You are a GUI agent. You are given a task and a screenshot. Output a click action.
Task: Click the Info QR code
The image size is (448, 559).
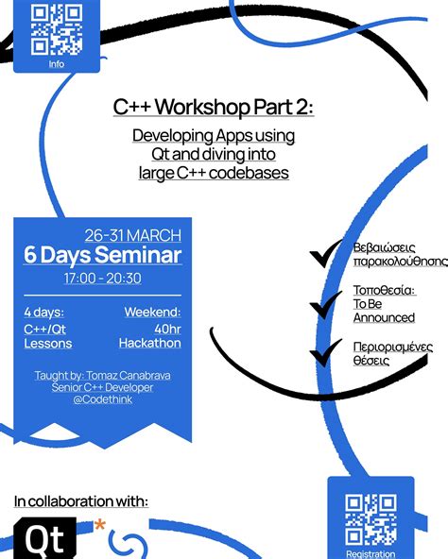pyautogui.click(x=57, y=29)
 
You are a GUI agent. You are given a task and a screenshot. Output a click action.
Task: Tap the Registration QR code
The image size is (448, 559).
pyautogui.click(x=370, y=519)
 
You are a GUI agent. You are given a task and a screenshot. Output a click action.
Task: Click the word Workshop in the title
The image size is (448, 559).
pyautogui.click(x=202, y=107)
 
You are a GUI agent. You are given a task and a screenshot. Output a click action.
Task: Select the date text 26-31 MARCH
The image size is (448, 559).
pyautogui.click(x=133, y=235)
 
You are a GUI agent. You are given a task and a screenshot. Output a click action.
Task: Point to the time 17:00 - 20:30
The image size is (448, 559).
pyautogui.click(x=102, y=278)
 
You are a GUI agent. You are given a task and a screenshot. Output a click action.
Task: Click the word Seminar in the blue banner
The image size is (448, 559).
pyautogui.click(x=138, y=255)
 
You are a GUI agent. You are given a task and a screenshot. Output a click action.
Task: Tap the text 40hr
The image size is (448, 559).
pyautogui.click(x=168, y=329)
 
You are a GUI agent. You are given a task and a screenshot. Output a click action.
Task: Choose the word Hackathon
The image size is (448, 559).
pyautogui.click(x=150, y=343)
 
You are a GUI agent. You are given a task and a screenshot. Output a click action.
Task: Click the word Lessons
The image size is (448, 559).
pyautogui.click(x=48, y=344)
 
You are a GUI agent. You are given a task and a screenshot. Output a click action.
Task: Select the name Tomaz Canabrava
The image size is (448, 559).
pyautogui.click(x=129, y=376)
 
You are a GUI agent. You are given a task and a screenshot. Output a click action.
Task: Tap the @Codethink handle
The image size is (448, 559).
pyautogui.click(x=103, y=399)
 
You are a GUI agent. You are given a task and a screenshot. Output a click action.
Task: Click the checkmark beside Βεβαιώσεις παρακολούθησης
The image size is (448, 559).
pyautogui.click(x=325, y=254)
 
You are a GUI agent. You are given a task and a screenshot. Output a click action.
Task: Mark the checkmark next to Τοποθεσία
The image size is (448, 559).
pyautogui.click(x=325, y=305)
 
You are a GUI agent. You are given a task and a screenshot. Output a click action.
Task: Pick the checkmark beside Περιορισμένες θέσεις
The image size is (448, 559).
pyautogui.click(x=325, y=352)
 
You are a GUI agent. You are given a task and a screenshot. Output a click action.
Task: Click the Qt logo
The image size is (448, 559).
pyautogui.click(x=45, y=538)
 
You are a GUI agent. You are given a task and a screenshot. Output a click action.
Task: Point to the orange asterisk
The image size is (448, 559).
pyautogui.click(x=100, y=525)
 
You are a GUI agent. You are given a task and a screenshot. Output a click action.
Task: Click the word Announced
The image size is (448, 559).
pyautogui.click(x=384, y=317)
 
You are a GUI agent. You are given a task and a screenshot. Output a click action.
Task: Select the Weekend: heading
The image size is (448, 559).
pyautogui.click(x=152, y=312)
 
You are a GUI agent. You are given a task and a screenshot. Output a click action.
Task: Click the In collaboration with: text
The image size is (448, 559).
pyautogui.click(x=81, y=501)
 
